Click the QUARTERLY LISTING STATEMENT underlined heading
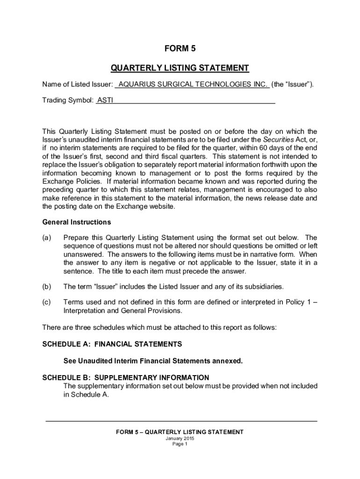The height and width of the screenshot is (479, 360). [180, 68]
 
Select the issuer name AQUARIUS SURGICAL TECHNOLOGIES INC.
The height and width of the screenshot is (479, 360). [193, 85]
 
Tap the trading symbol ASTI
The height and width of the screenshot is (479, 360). [105, 100]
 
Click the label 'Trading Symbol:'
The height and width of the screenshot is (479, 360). [68, 100]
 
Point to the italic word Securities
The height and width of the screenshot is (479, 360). [278, 139]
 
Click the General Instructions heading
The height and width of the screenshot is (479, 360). [77, 222]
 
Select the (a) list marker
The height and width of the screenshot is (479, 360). [47, 238]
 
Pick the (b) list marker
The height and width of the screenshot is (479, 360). [47, 286]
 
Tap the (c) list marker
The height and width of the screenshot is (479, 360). [47, 302]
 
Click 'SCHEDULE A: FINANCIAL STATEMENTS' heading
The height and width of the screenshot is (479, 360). [112, 344]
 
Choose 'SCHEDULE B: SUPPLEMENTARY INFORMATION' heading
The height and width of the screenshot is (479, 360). [126, 377]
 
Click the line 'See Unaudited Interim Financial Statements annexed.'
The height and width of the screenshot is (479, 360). [153, 361]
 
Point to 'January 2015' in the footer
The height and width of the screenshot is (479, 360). [180, 438]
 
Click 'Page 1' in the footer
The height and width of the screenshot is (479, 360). [180, 444]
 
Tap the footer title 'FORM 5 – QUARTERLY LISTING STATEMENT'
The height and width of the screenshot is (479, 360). [180, 432]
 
